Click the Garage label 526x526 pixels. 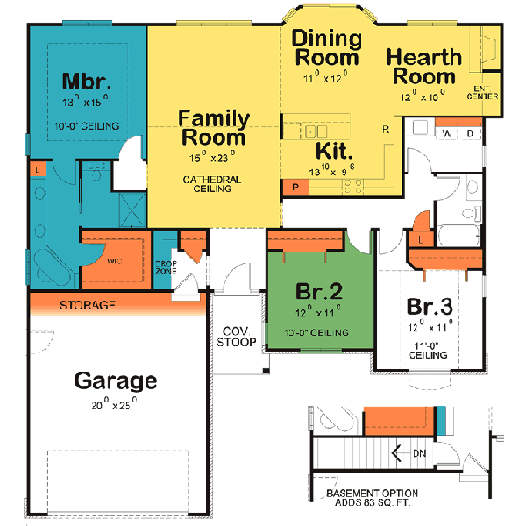click(x=115, y=380)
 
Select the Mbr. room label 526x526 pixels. click(x=86, y=82)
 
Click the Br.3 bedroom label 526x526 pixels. click(x=430, y=308)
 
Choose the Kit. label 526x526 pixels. click(x=333, y=150)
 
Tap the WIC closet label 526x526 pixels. click(x=114, y=260)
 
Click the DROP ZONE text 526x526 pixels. click(x=166, y=267)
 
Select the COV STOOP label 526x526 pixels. click(x=237, y=337)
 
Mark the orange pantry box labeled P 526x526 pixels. click(x=295, y=186)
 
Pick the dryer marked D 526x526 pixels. click(x=470, y=133)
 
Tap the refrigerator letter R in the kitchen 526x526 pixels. click(x=386, y=130)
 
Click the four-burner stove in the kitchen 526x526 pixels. click(x=355, y=185)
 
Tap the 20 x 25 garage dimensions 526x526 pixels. click(x=115, y=404)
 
